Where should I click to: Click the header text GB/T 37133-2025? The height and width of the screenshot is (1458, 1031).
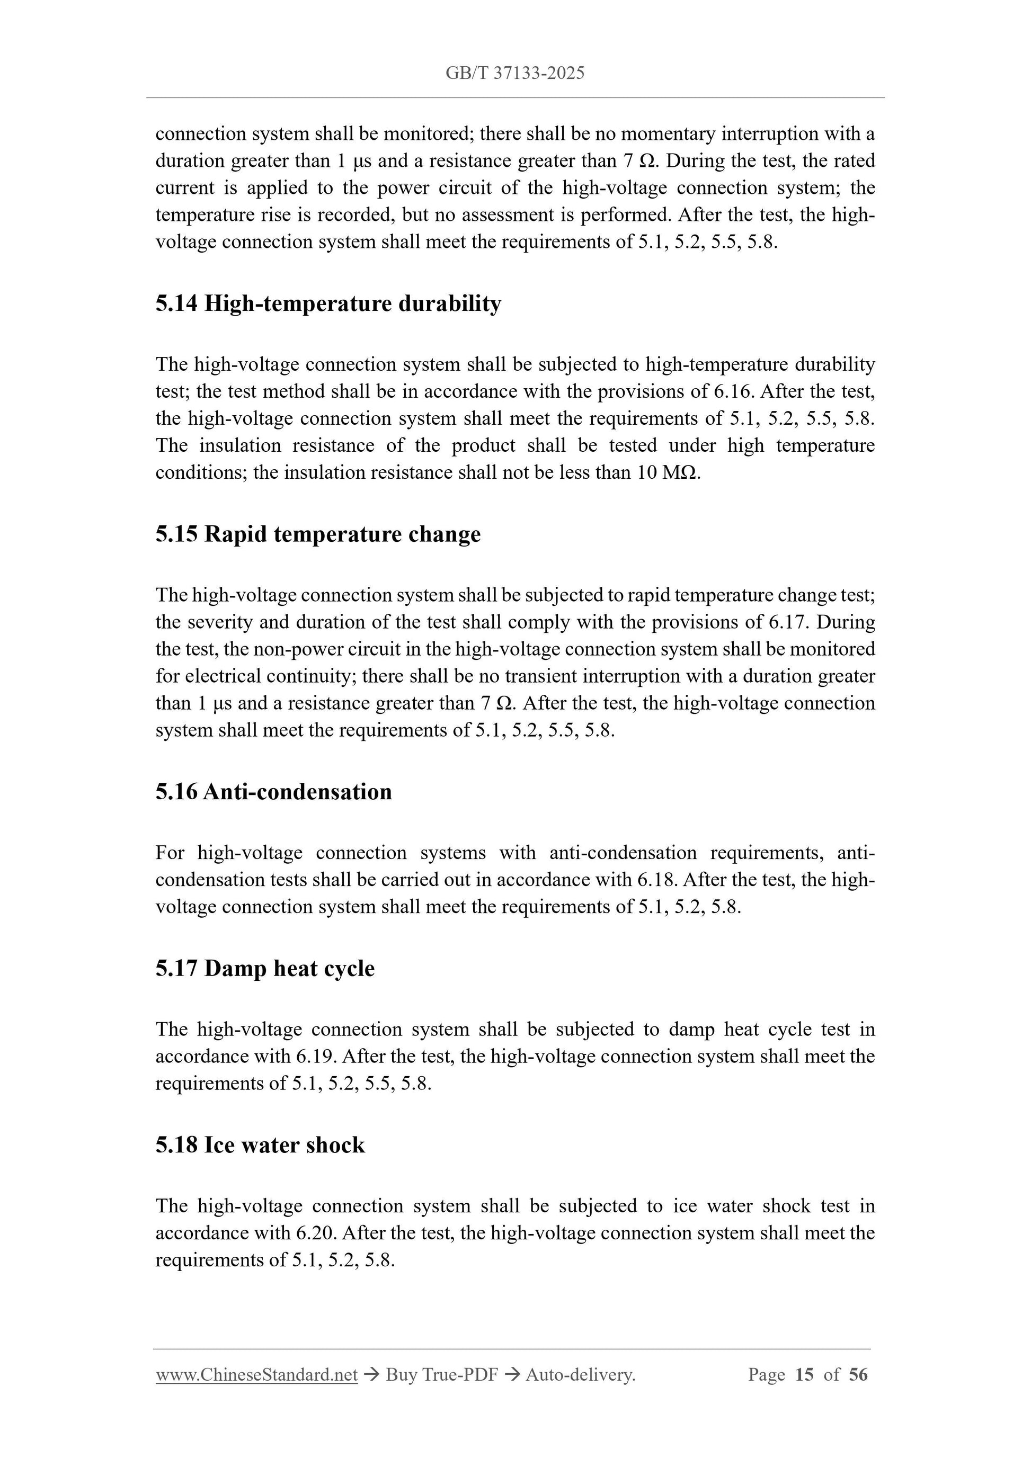click(514, 73)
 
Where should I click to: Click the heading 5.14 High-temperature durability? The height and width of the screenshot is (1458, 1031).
click(328, 303)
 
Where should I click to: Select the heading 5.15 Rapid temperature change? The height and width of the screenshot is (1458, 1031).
click(318, 534)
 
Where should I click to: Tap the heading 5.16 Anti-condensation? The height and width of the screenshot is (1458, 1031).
click(273, 791)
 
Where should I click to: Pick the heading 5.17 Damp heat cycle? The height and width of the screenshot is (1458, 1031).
click(265, 969)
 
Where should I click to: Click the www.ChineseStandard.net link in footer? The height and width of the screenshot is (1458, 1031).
click(256, 1375)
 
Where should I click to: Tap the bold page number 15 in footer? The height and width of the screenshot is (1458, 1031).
click(804, 1375)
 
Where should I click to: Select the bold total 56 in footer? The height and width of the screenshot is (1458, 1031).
click(858, 1375)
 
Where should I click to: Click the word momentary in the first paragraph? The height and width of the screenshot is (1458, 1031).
click(668, 134)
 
